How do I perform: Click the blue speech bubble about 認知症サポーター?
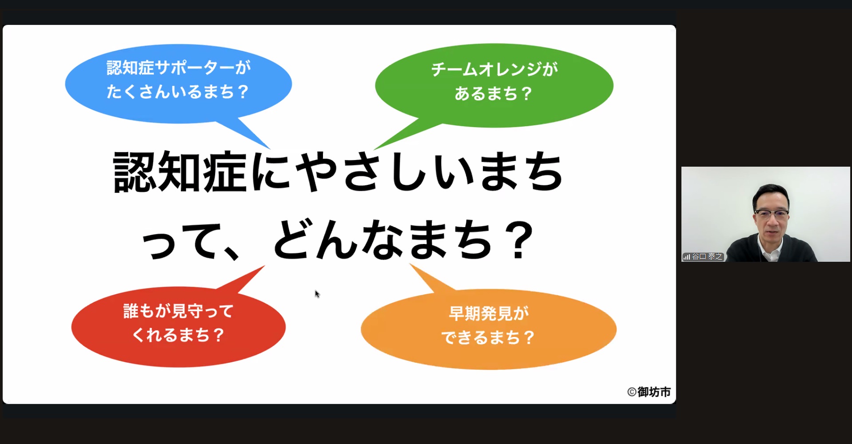(x=178, y=84)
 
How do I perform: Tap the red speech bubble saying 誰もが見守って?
(x=178, y=327)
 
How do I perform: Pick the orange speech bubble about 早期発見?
(x=489, y=329)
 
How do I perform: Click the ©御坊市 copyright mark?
(x=649, y=392)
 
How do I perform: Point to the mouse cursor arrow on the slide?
(x=317, y=294)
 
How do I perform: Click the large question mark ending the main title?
(x=521, y=240)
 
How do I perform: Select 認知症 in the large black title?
(x=180, y=172)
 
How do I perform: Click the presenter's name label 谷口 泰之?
(x=708, y=256)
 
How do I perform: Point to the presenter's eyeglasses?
(x=772, y=214)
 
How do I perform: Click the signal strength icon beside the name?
(x=687, y=257)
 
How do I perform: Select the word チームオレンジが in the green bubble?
(x=494, y=69)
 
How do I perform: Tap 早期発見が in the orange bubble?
(x=489, y=314)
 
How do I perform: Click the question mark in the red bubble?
(x=218, y=335)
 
